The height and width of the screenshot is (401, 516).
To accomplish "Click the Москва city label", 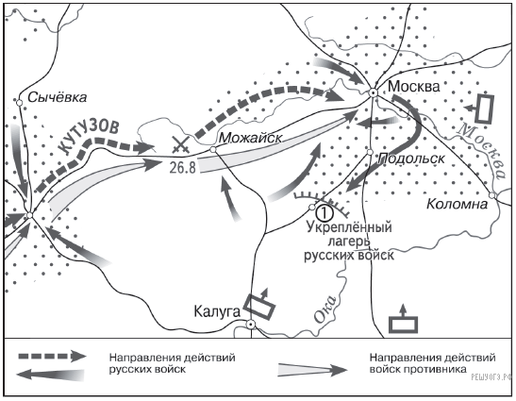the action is click(x=414, y=86).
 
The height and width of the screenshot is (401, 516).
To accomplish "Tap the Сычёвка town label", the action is click(x=58, y=97).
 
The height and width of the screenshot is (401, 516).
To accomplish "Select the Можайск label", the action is click(x=250, y=138).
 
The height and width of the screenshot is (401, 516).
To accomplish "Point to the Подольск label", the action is click(x=411, y=159).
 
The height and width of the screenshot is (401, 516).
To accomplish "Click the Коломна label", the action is click(x=457, y=204).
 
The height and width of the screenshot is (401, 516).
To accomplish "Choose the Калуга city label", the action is click(x=217, y=311).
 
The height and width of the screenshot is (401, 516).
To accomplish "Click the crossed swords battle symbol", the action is click(x=180, y=145).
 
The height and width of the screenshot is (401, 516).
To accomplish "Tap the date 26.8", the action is click(x=183, y=167).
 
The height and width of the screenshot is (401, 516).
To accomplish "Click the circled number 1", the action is click(x=324, y=213).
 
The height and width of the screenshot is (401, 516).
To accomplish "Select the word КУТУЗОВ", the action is click(x=90, y=137).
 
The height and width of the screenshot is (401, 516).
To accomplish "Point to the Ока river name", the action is click(x=325, y=309).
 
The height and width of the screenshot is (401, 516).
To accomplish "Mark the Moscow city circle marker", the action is click(x=373, y=92).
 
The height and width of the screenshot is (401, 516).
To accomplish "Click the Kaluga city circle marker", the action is click(x=251, y=325).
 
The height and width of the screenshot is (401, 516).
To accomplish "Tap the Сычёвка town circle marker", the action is click(x=19, y=103).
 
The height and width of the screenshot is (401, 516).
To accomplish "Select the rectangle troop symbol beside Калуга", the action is click(x=259, y=305).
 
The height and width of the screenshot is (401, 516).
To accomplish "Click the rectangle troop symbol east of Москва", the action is click(x=485, y=109).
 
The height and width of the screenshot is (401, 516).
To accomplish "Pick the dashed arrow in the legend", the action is click(x=53, y=357).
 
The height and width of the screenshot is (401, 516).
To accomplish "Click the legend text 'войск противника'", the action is click(x=418, y=369).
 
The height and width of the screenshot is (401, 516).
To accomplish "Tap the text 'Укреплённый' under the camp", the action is click(x=349, y=227).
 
